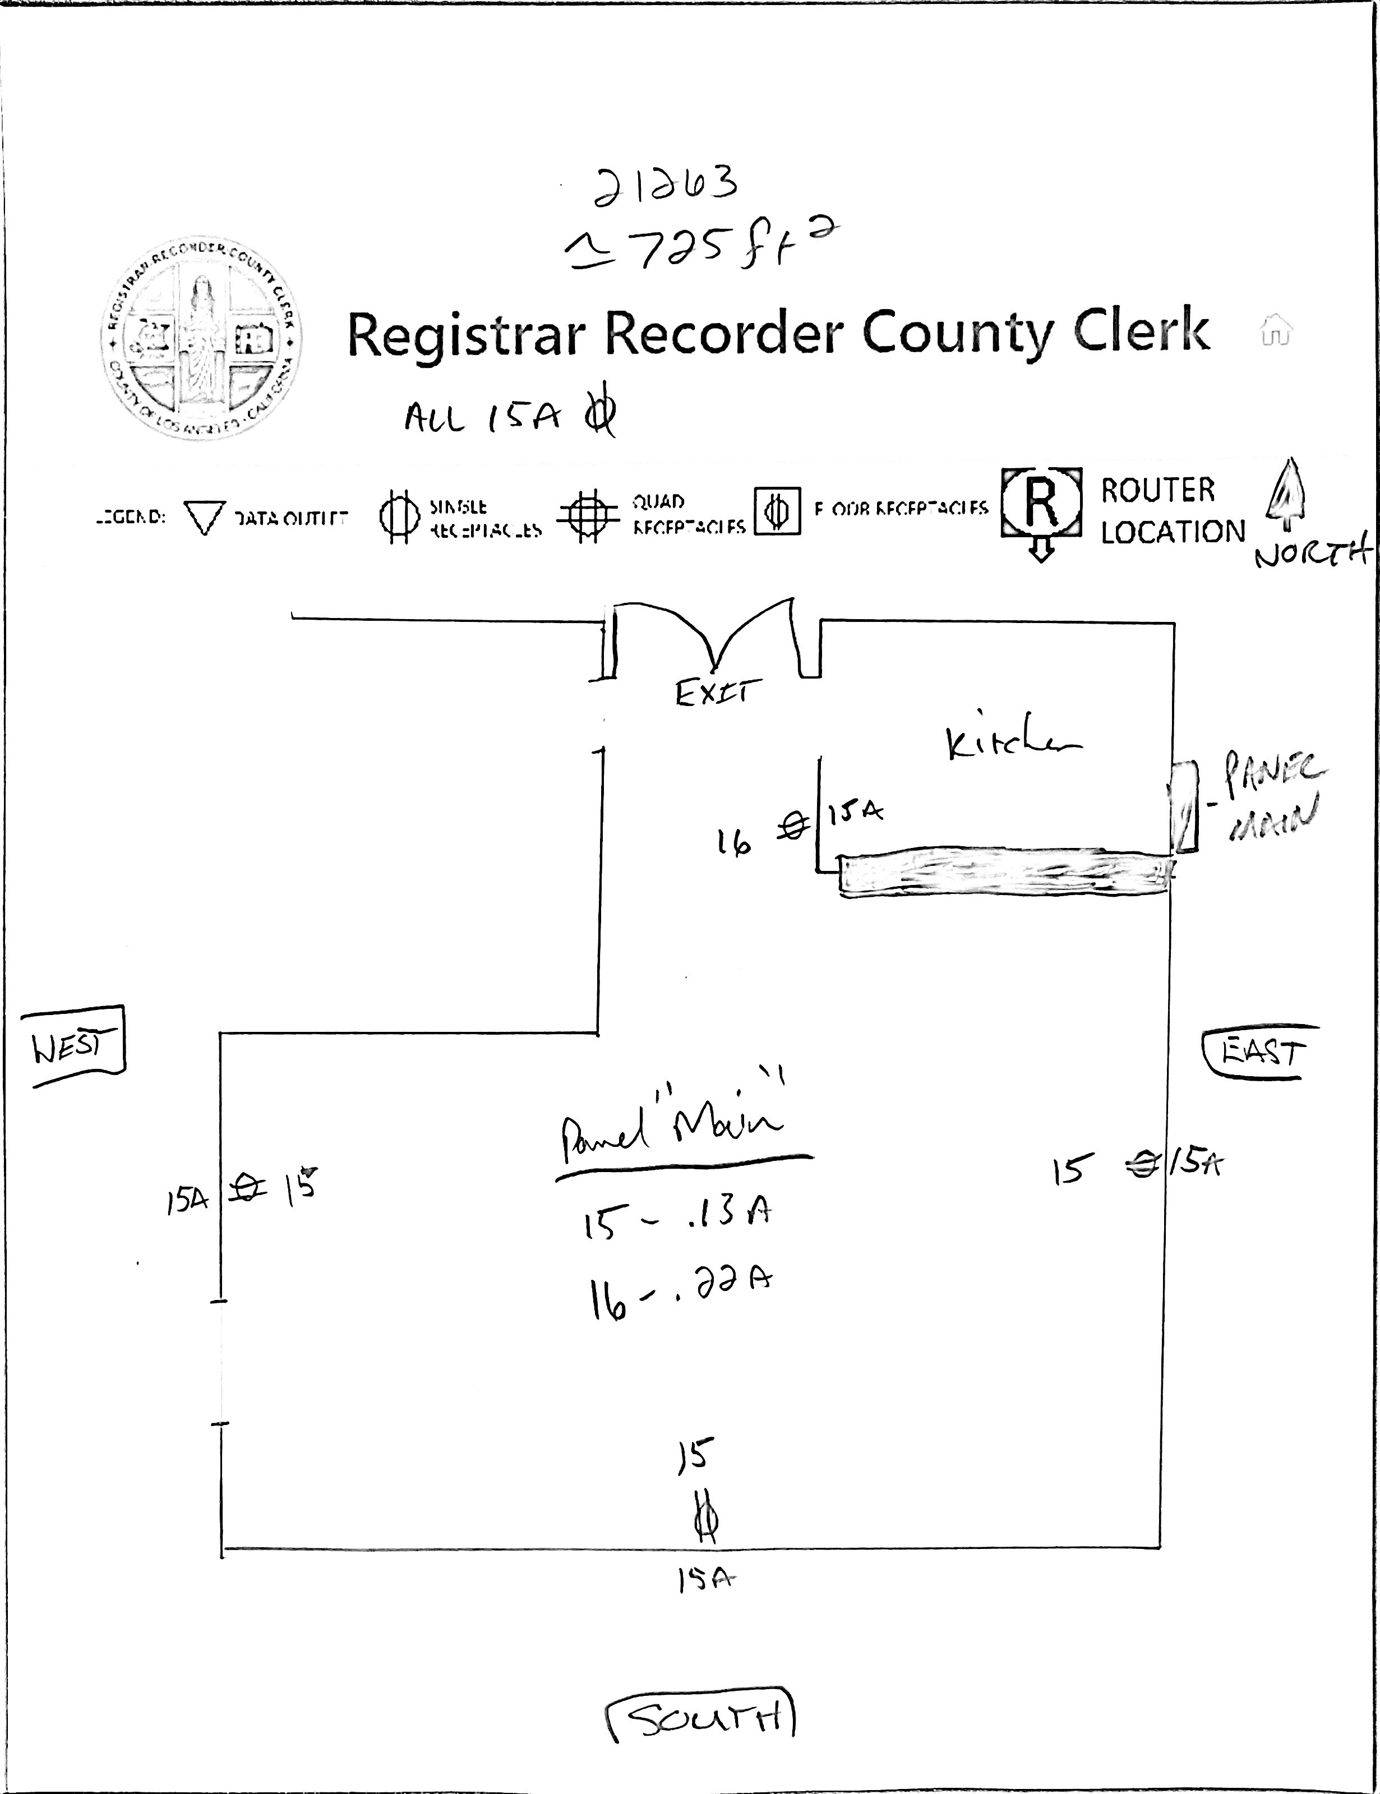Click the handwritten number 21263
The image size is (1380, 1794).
[x=666, y=186]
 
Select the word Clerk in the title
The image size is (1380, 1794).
[x=1141, y=333]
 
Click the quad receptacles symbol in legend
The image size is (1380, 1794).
[x=587, y=516]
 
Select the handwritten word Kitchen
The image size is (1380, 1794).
[x=1011, y=744]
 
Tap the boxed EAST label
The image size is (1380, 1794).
[x=1261, y=1052]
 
